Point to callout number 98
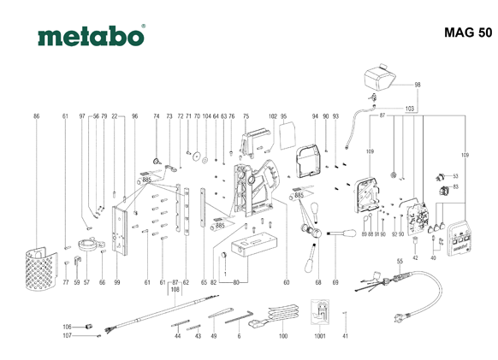(418, 85)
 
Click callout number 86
(37, 115)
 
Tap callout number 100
(283, 337)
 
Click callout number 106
(67, 327)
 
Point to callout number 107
(67, 336)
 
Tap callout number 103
(409, 109)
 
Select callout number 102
(273, 115)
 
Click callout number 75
(246, 115)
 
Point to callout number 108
(175, 290)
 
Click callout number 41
(345, 337)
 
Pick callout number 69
(335, 282)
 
